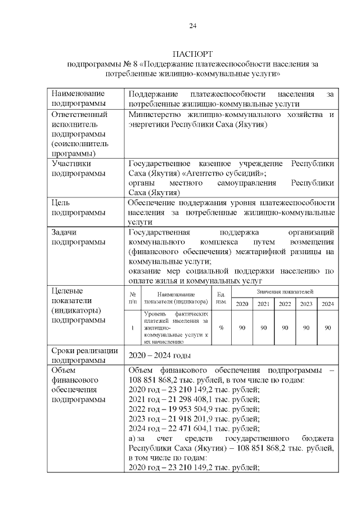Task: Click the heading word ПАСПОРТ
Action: tap(193, 55)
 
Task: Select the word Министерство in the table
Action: tap(155, 115)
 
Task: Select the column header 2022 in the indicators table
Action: tap(285, 304)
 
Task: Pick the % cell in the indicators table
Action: tap(221, 327)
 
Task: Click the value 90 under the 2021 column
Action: tap(263, 327)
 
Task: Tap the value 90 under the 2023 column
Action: tap(306, 327)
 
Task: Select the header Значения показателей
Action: tap(285, 291)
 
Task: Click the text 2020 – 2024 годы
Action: tap(160, 355)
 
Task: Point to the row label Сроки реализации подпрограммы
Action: tap(85, 355)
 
